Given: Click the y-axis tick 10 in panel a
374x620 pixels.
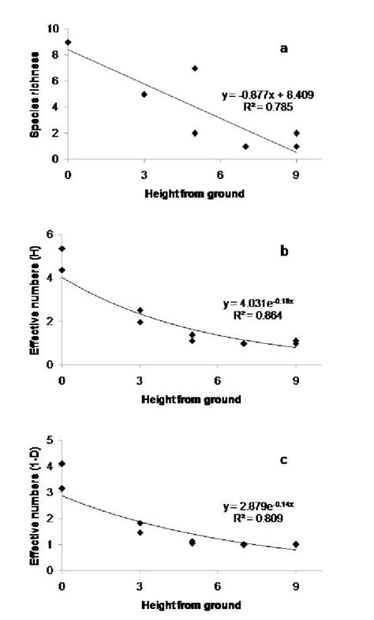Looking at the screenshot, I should (x=53, y=28).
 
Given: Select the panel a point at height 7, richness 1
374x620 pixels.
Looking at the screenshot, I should (x=245, y=147).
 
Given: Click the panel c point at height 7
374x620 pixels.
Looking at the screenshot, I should (x=244, y=544).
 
